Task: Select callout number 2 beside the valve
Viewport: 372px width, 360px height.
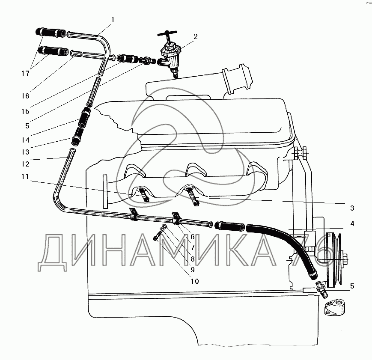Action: pyautogui.click(x=195, y=37)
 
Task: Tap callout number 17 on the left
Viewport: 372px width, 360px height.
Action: pyautogui.click(x=25, y=74)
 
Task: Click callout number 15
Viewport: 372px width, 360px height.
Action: pyautogui.click(x=25, y=111)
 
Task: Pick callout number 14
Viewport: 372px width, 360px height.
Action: pyautogui.click(x=25, y=140)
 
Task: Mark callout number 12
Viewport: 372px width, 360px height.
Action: pyautogui.click(x=25, y=164)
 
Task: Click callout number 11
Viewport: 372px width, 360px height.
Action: pyautogui.click(x=25, y=176)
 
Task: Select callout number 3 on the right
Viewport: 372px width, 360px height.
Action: pyautogui.click(x=352, y=208)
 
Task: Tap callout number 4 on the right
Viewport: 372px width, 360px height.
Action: pyautogui.click(x=352, y=223)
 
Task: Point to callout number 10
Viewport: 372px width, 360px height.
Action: pyautogui.click(x=195, y=281)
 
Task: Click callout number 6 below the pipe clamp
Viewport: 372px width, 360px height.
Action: pyautogui.click(x=193, y=237)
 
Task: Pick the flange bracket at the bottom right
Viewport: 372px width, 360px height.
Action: pyautogui.click(x=335, y=307)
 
